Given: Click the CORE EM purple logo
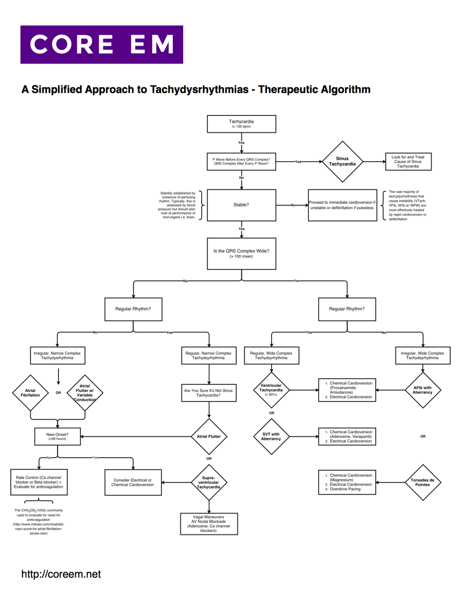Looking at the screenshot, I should [102, 45].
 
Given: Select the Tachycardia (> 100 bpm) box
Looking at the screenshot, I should [241, 124].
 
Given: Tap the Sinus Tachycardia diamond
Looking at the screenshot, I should [342, 162].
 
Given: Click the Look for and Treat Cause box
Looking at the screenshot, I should [408, 162].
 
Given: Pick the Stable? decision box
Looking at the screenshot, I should [241, 205].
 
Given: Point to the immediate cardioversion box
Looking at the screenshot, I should [342, 205].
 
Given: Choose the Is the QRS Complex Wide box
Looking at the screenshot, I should [241, 253].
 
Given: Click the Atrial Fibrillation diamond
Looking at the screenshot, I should [30, 393].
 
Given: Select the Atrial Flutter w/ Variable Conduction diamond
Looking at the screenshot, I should [85, 393].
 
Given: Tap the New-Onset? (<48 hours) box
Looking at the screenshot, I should [57, 437].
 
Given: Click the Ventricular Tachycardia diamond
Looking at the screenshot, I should [271, 390].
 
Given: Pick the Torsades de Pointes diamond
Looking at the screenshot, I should [422, 482].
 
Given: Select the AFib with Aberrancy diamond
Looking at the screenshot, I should [422, 390].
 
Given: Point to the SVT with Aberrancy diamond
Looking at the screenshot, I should [271, 437].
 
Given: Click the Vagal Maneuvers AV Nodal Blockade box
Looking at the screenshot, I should [209, 524].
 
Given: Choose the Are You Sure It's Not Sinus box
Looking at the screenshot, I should [209, 393].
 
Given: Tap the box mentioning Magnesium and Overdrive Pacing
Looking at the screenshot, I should [347, 482].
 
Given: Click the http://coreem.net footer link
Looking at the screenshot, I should [61, 574].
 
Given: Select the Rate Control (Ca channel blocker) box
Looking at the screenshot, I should [39, 482].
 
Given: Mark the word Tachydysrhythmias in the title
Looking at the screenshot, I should [199, 89].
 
